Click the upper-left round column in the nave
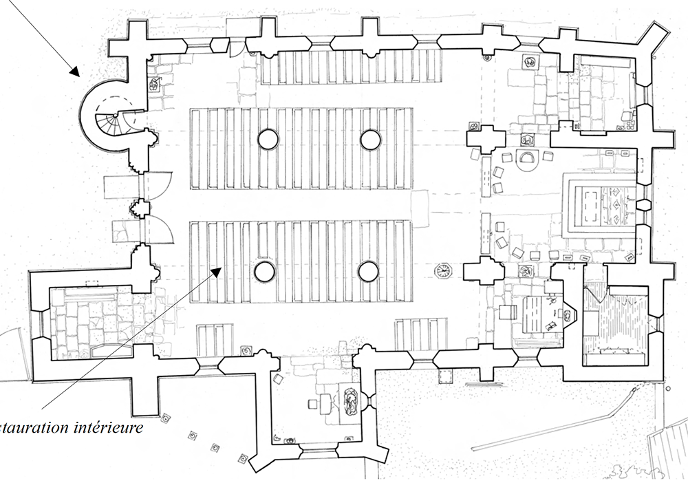pyautogui.click(x=268, y=140)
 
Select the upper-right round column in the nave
pyautogui.click(x=370, y=140)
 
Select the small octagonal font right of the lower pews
pyautogui.click(x=442, y=270)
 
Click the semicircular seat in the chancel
pyautogui.click(x=528, y=158)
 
